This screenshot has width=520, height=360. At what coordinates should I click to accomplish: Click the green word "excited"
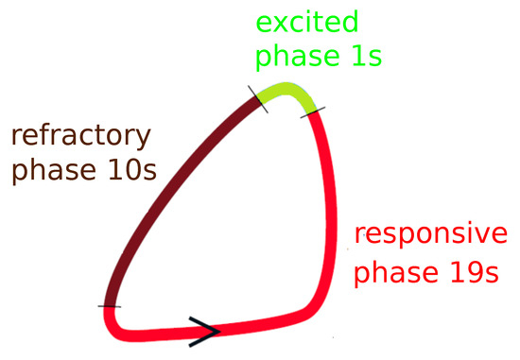307,21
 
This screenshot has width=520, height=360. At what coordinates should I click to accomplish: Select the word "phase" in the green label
297,57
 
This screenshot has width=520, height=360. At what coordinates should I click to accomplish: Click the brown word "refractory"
81,137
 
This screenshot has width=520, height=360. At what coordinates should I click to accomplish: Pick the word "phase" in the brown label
54,171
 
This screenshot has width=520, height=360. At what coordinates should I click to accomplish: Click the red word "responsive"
431,235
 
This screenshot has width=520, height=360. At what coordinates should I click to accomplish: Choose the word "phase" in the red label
396,273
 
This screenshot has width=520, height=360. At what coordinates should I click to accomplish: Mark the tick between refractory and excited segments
258,99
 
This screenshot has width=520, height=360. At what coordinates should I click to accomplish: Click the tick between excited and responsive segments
313,112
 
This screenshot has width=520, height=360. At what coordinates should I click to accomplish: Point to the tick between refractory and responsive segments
110,306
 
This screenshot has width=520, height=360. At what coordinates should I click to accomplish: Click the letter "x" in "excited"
281,25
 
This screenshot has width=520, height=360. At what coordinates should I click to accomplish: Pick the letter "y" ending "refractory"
143,140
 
